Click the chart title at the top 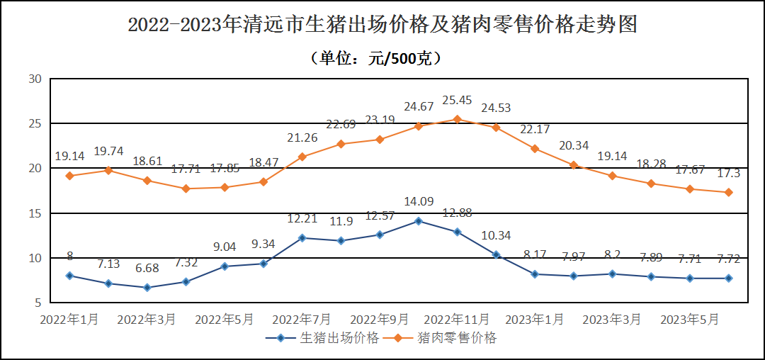382,26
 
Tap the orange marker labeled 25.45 457,119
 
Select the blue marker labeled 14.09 418,221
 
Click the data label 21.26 302,138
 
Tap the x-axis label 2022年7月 302,320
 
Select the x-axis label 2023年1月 535,320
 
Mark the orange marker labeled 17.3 728,192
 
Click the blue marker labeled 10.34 496,254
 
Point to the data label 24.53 496,108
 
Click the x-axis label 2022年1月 69,320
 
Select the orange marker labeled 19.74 108,170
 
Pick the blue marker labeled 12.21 302,238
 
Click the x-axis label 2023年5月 689,320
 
